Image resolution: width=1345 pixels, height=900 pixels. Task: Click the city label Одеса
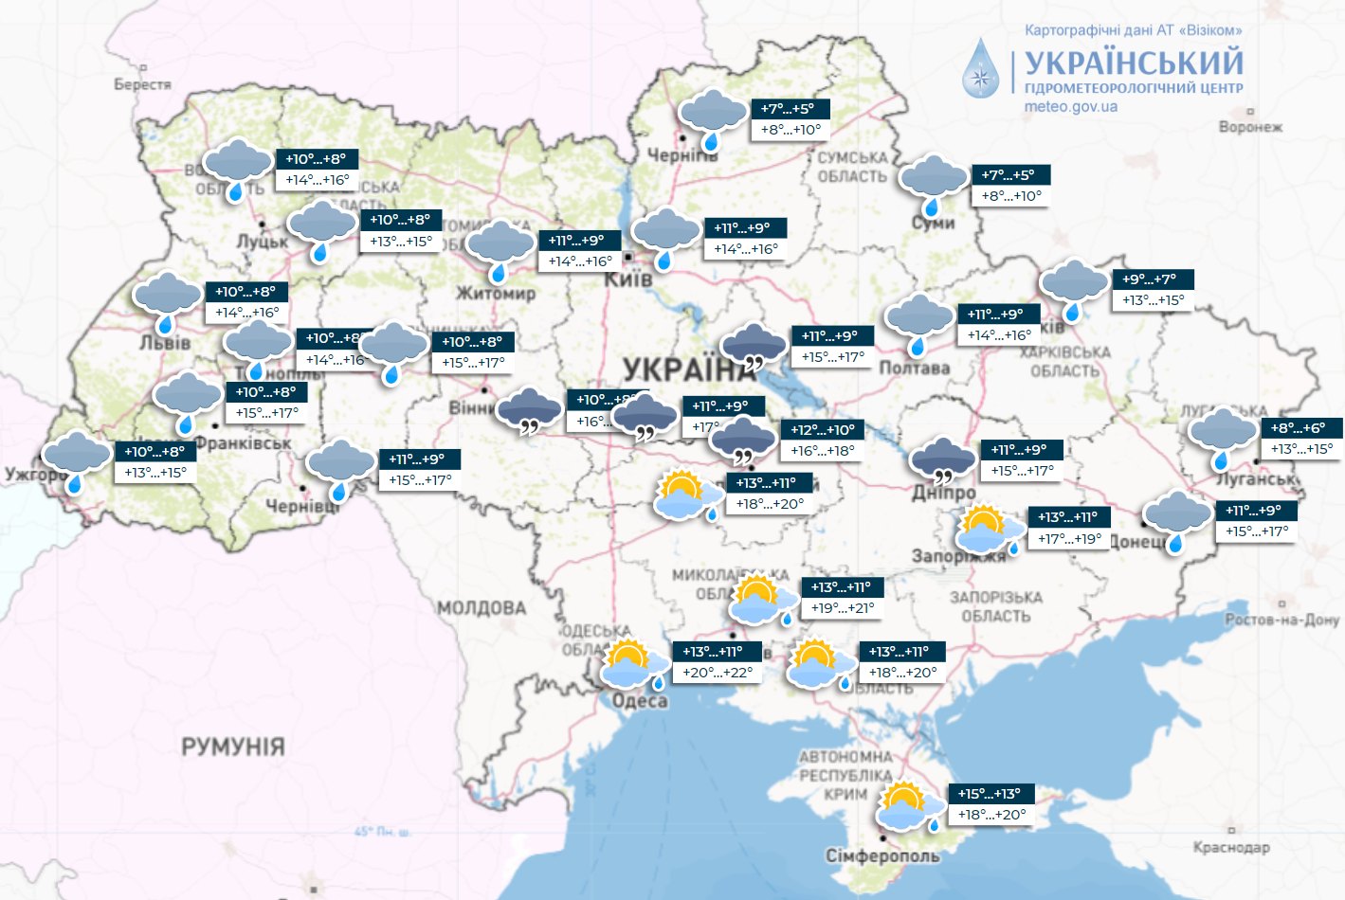coord(640,701)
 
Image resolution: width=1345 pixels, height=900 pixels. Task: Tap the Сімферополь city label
coord(882,855)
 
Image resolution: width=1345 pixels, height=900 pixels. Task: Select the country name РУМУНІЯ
coord(233,747)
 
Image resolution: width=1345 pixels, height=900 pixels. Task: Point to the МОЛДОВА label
coord(482,607)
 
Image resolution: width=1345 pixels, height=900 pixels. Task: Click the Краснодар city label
coord(1231,847)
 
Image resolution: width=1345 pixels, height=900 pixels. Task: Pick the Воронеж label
coord(1250,127)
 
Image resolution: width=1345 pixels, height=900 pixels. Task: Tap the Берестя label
coord(142,84)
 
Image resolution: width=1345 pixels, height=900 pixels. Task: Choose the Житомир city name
coord(496,294)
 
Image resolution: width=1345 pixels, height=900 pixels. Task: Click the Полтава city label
coord(914,368)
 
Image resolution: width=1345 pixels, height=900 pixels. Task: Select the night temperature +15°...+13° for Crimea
coord(990,794)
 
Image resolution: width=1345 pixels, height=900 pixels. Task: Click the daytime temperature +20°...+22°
coord(718,673)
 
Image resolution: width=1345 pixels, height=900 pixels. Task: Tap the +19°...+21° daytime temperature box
coord(843,608)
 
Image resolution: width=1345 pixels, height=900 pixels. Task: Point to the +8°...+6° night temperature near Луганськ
coord(1299,428)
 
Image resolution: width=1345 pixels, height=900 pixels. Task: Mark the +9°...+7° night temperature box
coord(1150,279)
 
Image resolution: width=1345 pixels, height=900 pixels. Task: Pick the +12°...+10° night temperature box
coord(823,430)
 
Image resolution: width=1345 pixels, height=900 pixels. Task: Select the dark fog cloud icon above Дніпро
coord(942,461)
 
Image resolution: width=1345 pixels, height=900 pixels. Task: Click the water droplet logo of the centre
coord(981,69)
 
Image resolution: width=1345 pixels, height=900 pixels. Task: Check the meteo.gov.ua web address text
coord(1070,107)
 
